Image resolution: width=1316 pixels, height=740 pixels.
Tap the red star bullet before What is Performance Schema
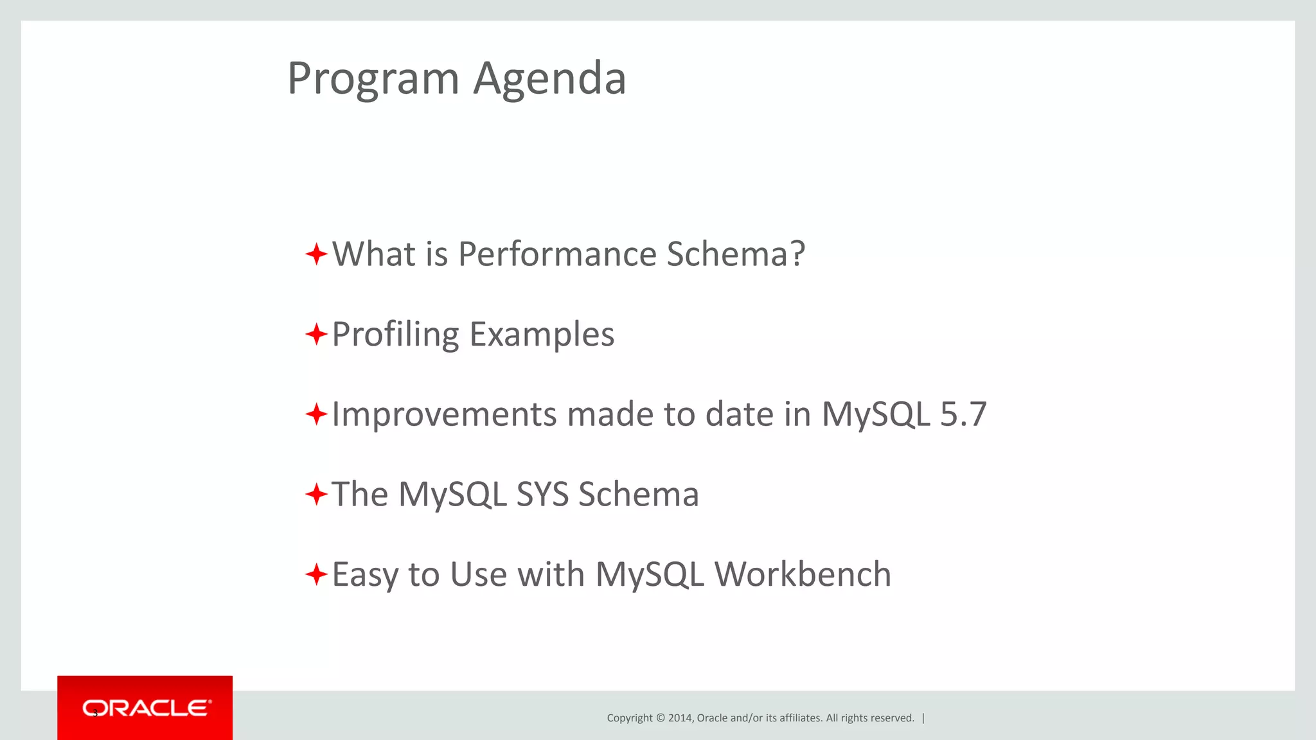[x=316, y=254]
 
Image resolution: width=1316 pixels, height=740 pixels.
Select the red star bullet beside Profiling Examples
[x=316, y=334]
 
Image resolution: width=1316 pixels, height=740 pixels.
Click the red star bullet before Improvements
[x=316, y=414]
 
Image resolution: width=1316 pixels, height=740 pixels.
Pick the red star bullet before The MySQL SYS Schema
[x=316, y=495]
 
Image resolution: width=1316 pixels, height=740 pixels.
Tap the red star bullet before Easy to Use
[x=316, y=574]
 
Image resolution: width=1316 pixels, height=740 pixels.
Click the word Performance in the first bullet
[x=557, y=254]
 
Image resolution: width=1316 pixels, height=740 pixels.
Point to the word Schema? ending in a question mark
[x=736, y=254]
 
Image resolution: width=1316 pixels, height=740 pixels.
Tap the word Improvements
[x=444, y=415]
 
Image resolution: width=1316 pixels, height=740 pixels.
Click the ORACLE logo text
[x=146, y=708]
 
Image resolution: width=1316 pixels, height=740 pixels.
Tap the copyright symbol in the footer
[x=659, y=718]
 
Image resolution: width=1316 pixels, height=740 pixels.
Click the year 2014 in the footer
[x=680, y=718]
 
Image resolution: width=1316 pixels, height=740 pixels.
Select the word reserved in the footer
[x=894, y=718]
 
